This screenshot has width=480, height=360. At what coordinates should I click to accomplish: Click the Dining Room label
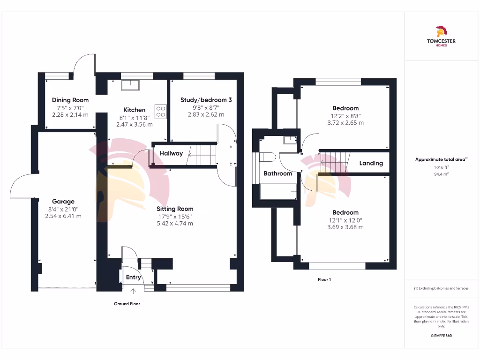tap(70, 100)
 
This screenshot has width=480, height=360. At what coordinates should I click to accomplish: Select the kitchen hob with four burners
tap(160, 111)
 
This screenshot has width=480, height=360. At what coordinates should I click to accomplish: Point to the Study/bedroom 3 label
tap(206, 100)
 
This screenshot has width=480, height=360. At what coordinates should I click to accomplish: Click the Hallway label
tap(171, 153)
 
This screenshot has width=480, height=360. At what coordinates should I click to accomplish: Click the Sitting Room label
tap(175, 209)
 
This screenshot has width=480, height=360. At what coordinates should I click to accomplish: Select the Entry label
tap(134, 277)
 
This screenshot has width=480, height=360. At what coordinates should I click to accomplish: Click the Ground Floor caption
tap(127, 304)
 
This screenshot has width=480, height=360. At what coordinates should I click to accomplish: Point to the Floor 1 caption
tap(324, 279)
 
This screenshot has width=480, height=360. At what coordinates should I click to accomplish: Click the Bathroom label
tap(277, 173)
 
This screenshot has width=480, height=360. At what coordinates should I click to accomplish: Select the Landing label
tap(371, 163)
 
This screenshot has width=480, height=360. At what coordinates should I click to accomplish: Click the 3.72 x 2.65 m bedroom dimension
tap(345, 123)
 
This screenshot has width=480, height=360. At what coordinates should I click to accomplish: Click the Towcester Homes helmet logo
tap(441, 31)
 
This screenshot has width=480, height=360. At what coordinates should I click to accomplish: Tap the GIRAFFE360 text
tap(441, 336)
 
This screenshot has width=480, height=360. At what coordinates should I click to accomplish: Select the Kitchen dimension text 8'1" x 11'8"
tap(134, 118)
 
